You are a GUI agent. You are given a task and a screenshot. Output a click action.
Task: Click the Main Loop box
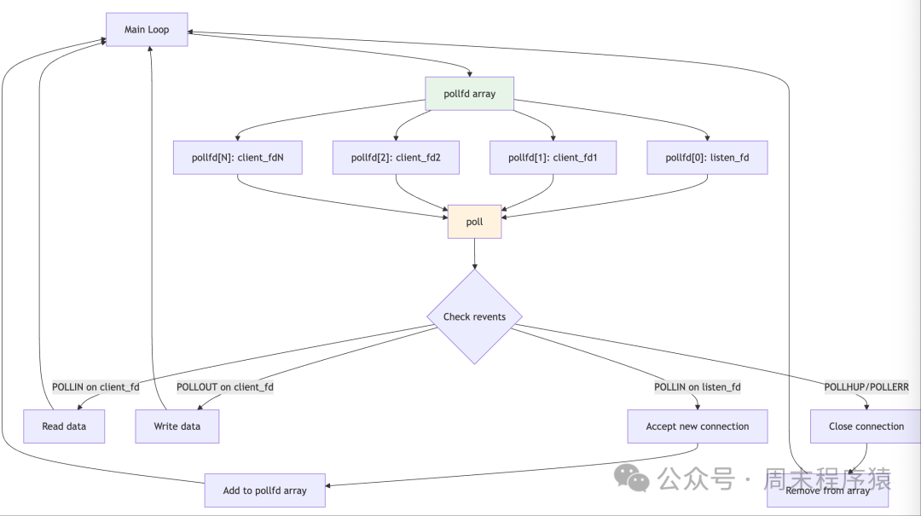click(x=147, y=30)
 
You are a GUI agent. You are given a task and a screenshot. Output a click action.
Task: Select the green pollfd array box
click(x=469, y=94)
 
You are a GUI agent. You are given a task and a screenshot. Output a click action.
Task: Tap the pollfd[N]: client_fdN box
click(x=237, y=158)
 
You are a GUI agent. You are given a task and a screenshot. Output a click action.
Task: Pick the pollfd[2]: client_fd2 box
click(x=396, y=158)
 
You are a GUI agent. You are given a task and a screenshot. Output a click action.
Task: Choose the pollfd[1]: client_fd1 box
click(x=553, y=158)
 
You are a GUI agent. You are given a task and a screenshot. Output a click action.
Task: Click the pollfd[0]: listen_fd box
click(x=707, y=158)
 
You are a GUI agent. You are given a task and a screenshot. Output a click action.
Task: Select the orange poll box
click(x=474, y=222)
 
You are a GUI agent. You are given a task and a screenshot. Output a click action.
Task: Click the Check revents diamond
click(x=474, y=316)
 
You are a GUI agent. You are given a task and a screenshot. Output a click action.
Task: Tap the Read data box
click(x=64, y=426)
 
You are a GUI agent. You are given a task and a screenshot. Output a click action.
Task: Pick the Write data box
click(x=177, y=426)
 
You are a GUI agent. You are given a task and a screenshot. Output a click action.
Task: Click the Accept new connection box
click(x=697, y=426)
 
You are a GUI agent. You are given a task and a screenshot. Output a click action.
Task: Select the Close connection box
click(x=866, y=426)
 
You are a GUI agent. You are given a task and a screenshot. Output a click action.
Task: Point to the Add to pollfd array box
click(x=264, y=490)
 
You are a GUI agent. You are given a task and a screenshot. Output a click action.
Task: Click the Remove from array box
click(x=827, y=491)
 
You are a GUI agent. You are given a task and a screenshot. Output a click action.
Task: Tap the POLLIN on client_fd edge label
click(x=96, y=387)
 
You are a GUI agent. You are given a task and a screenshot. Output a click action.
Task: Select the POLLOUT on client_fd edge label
click(x=225, y=387)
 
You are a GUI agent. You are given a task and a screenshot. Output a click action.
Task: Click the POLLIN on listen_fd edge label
click(x=697, y=387)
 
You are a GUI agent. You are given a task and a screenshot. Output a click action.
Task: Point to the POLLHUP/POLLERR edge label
click(x=866, y=387)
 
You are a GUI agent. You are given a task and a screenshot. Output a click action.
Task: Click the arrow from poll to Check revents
click(x=474, y=253)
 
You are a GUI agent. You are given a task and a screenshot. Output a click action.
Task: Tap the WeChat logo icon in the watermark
click(x=633, y=478)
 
